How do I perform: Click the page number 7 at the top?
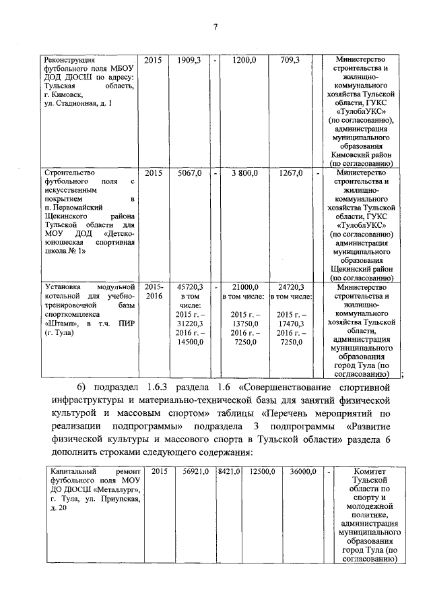(x=215, y=27)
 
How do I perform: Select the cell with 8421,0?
(x=228, y=471)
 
